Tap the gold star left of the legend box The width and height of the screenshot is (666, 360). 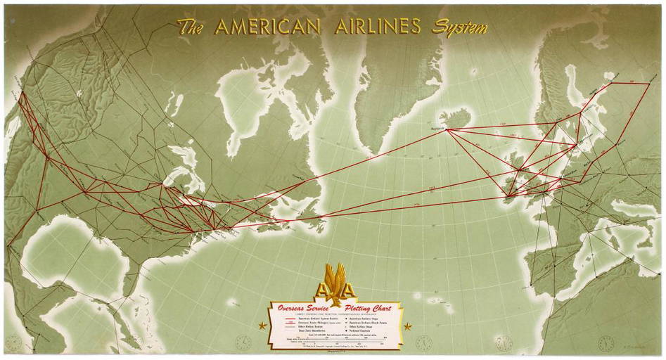click(263, 326)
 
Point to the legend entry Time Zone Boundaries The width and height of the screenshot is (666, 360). click(303, 336)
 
